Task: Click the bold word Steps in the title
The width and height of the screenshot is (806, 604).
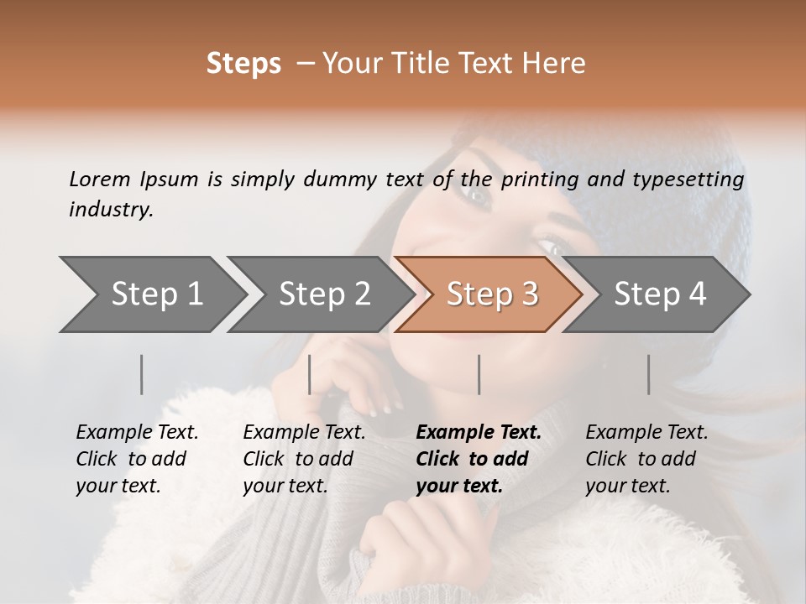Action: (243, 64)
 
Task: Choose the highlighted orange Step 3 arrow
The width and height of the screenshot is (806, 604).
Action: (492, 294)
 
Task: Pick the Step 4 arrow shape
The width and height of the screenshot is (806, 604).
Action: (660, 294)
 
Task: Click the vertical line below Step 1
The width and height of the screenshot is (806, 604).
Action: (142, 374)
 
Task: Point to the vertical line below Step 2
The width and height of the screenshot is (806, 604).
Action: (310, 374)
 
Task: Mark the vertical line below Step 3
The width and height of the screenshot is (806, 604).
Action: (479, 374)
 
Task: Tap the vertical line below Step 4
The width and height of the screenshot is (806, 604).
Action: (649, 374)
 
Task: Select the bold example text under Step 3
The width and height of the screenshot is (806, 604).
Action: (478, 459)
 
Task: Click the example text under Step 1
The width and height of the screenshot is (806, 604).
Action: (137, 459)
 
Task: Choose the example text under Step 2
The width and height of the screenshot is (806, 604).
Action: (304, 459)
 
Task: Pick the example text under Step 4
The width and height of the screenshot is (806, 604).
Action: (646, 459)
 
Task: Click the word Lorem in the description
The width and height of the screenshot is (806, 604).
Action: (99, 179)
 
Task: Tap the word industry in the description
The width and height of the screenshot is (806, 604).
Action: (110, 210)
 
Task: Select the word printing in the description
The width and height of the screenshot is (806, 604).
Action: (540, 180)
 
